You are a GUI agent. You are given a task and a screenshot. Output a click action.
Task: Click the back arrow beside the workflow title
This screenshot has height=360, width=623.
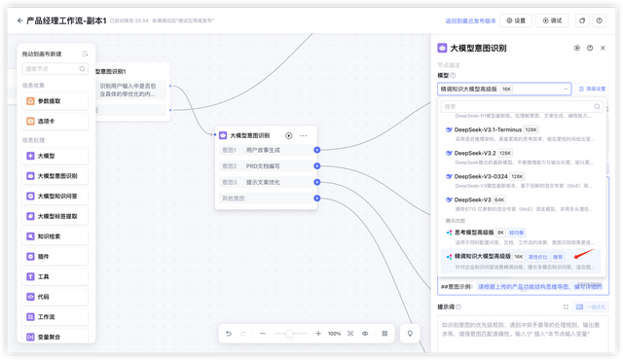18,19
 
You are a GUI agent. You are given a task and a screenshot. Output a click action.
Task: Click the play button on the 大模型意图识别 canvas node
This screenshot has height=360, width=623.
288,135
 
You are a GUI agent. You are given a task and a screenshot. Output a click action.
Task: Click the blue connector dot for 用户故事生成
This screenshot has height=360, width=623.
316,151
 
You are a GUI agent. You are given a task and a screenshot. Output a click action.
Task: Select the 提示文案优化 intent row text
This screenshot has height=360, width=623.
263,182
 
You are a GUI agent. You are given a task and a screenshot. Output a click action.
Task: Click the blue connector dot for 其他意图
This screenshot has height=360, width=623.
316,198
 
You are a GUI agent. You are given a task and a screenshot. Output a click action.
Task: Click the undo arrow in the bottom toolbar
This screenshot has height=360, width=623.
229,334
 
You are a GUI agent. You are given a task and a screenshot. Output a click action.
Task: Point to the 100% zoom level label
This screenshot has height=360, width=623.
334,334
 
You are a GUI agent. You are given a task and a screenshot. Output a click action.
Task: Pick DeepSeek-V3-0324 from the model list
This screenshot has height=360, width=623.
483,176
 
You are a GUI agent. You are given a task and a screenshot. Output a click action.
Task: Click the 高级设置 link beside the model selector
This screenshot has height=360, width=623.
593,89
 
